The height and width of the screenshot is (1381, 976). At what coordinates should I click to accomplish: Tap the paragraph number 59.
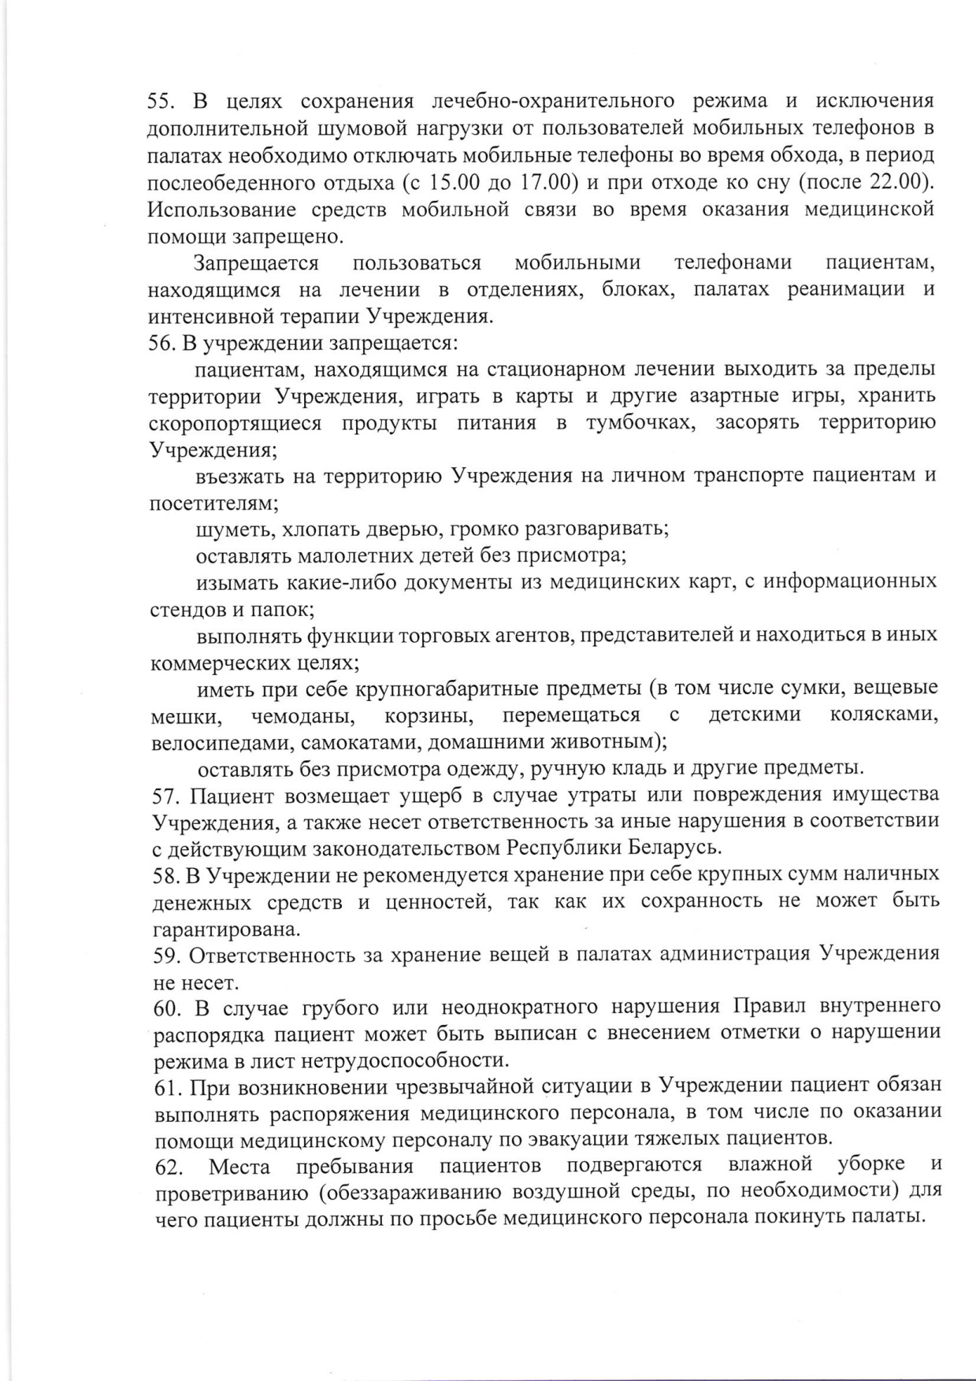[x=165, y=956]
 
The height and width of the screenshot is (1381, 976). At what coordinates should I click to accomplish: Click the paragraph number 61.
[x=166, y=1088]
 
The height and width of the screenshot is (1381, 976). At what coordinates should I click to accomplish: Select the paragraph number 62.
[x=169, y=1168]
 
